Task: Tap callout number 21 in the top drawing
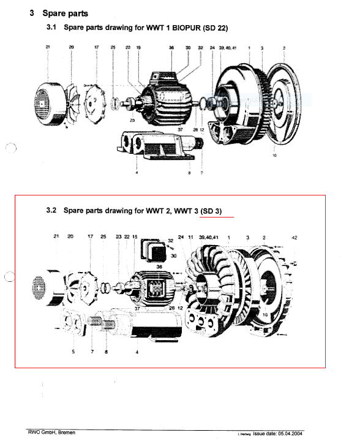[x=48, y=47]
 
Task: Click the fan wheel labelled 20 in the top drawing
[x=72, y=98]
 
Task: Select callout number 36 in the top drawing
[x=171, y=47]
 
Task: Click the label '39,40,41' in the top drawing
[x=228, y=47]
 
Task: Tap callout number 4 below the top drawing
[x=137, y=173]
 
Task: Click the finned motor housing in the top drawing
[x=165, y=102]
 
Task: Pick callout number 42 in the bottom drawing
[x=294, y=237]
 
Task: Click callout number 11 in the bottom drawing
[x=191, y=237]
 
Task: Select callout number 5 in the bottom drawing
[x=73, y=352]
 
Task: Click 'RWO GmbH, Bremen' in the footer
[x=51, y=432]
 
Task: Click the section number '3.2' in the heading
[x=51, y=210]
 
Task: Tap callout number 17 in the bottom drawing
[x=89, y=237]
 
